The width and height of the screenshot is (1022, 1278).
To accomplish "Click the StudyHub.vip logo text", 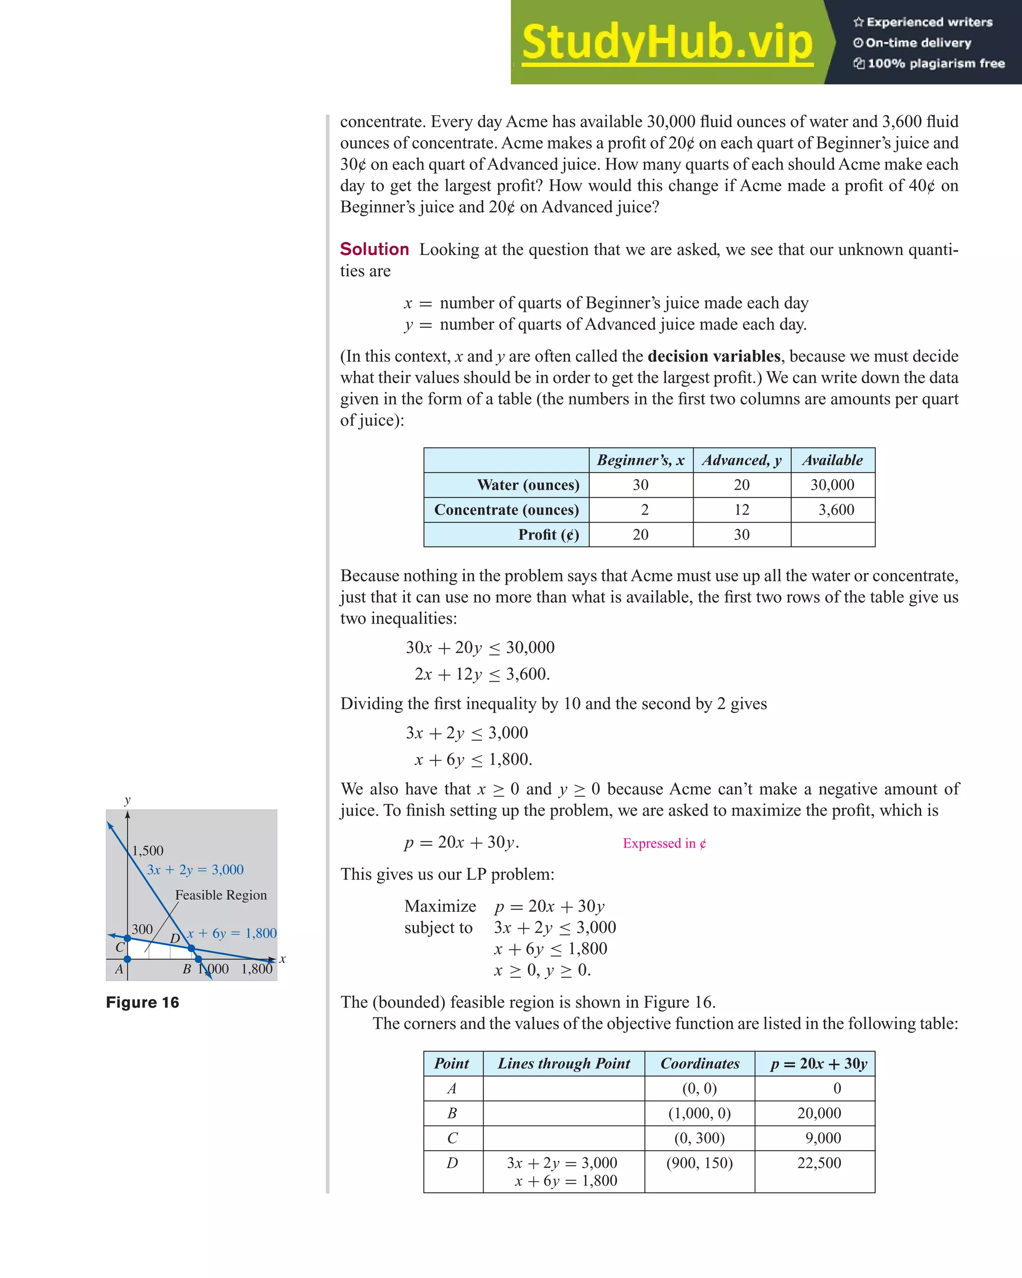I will click(667, 43).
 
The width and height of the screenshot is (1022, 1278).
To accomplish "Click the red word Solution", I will click(374, 250).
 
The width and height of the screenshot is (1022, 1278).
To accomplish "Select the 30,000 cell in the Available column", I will click(832, 485).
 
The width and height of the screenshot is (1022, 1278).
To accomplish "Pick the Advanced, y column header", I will click(742, 460).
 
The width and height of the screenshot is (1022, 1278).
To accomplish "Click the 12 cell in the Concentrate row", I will click(742, 510).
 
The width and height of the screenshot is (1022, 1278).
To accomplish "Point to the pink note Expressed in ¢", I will click(664, 843).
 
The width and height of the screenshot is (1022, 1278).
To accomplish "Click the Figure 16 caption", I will click(142, 1003).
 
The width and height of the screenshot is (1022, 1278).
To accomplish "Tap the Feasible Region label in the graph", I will click(221, 895).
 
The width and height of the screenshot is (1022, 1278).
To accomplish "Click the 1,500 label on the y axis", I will click(148, 851).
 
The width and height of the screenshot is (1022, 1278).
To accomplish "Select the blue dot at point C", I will click(127, 938).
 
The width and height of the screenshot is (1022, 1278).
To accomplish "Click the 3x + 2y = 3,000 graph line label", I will click(195, 870).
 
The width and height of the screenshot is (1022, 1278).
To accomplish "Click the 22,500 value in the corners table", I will click(819, 1163).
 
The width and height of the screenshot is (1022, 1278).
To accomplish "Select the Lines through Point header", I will click(564, 1063).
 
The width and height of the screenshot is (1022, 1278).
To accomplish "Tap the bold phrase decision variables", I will click(714, 356).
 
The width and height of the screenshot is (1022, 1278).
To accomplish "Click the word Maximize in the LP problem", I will click(440, 906).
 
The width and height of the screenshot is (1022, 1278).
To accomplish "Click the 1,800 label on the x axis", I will click(256, 969).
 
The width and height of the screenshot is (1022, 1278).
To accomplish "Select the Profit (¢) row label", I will click(548, 534).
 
